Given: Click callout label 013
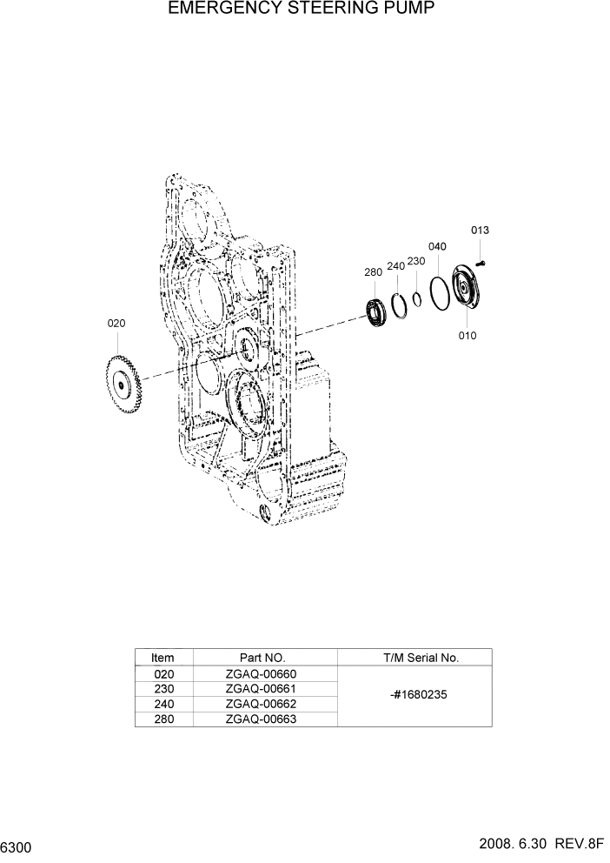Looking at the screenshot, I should point(480,231).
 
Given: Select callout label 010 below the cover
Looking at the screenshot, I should point(467,336).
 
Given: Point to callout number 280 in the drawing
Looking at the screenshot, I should point(373,272).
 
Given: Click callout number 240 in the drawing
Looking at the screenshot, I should point(395,266).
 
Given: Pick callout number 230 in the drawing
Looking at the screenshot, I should point(416,261).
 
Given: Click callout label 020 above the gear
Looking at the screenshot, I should point(116,323).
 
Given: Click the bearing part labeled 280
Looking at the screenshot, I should point(375,313).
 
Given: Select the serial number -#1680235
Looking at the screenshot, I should point(414,696).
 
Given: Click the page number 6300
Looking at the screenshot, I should point(17,846).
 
